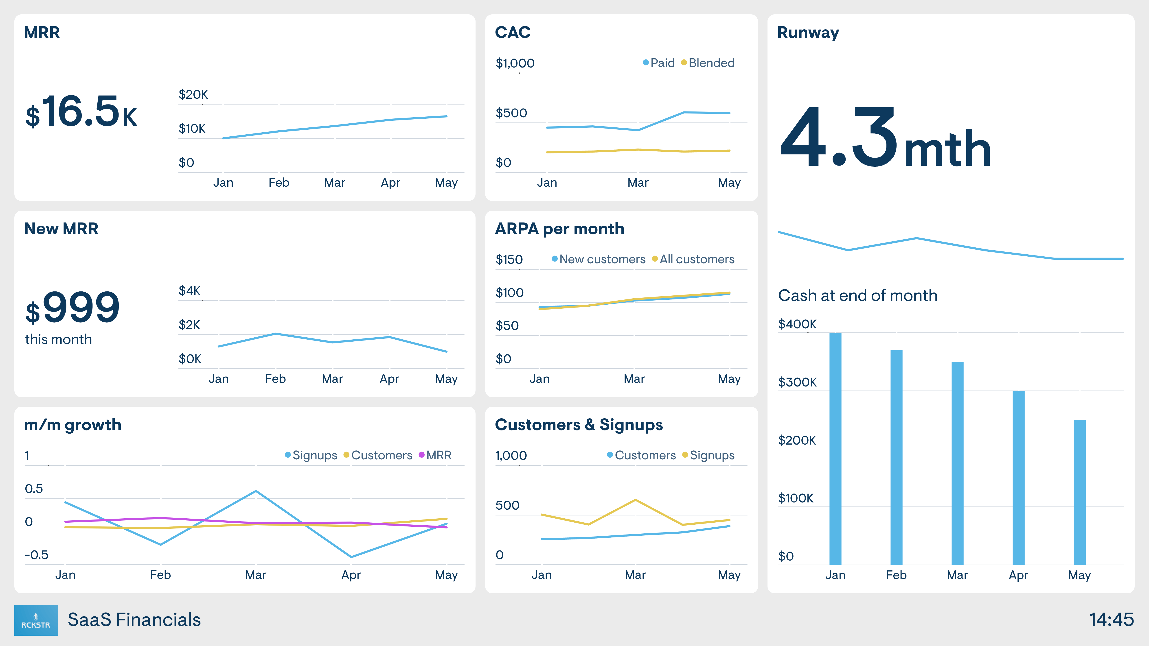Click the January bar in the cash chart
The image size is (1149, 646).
pyautogui.click(x=835, y=448)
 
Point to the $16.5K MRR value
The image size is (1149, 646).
pyautogui.click(x=81, y=111)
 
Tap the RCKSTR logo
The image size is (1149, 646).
pyautogui.click(x=36, y=620)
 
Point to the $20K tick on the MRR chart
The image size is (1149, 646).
pyautogui.click(x=193, y=94)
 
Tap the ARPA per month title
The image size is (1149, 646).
pyautogui.click(x=559, y=229)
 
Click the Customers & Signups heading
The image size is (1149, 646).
pyautogui.click(x=579, y=425)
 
